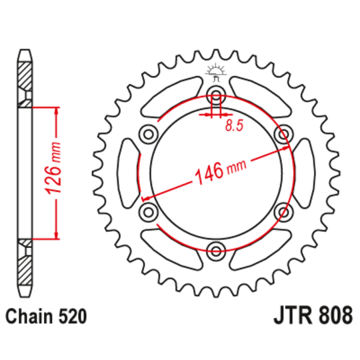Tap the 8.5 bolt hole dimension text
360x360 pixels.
[233, 125]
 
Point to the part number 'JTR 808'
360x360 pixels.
[311, 315]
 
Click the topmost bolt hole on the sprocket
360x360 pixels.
[215, 93]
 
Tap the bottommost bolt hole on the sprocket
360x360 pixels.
[215, 251]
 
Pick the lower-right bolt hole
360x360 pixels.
[285, 211]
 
